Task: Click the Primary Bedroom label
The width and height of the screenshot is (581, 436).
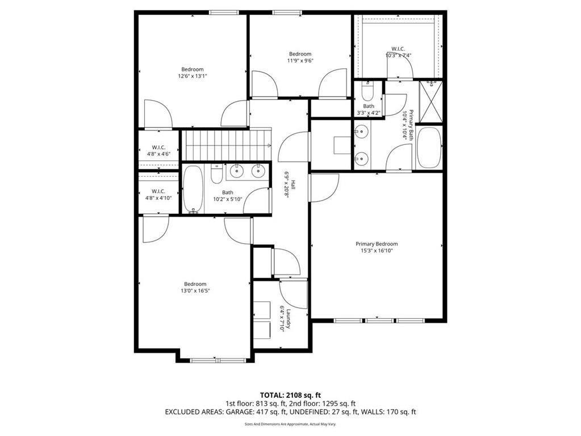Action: click(377, 244)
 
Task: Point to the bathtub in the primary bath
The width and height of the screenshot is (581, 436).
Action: click(429, 148)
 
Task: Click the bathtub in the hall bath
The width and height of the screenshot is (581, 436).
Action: click(193, 189)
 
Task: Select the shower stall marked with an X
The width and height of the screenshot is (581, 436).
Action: click(431, 102)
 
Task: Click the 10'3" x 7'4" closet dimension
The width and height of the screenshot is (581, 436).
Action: click(398, 56)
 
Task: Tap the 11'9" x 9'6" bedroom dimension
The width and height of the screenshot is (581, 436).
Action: click(300, 61)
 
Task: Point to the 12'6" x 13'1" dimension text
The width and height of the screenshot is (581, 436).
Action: click(193, 76)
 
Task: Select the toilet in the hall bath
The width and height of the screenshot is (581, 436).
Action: click(216, 175)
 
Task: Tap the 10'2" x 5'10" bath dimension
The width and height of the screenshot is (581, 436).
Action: click(228, 199)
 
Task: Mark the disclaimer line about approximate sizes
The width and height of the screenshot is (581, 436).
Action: click(290, 424)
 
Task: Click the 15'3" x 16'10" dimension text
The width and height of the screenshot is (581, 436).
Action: click(377, 251)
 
